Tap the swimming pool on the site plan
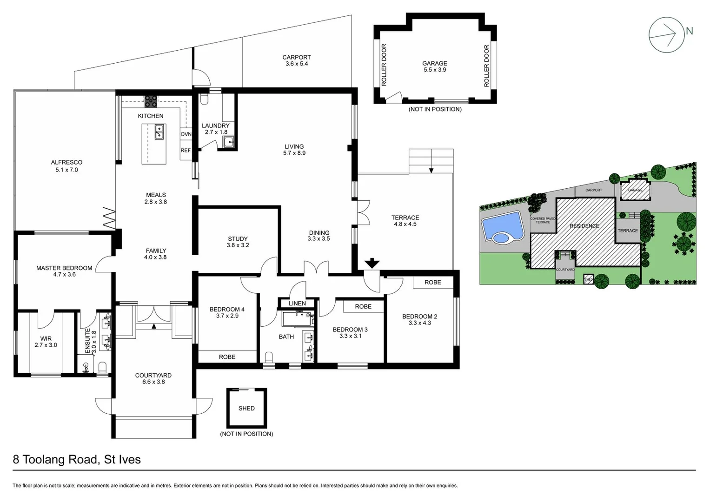[x=502, y=226]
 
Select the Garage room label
[x=434, y=63]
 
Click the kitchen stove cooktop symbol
[x=150, y=101]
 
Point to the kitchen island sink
[x=159, y=132]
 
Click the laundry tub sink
[x=228, y=142]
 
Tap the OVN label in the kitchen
[x=186, y=134]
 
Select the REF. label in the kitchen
[x=186, y=151]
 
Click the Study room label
[x=238, y=239]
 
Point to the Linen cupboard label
[x=297, y=304]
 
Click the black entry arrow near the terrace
[x=372, y=264]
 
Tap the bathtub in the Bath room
[x=298, y=319]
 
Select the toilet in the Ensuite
[x=103, y=367]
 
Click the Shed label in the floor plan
[x=246, y=408]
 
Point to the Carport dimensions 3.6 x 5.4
[x=297, y=64]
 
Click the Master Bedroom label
[x=64, y=268]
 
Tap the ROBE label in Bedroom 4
[x=227, y=357]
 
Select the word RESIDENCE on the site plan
[x=584, y=226]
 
